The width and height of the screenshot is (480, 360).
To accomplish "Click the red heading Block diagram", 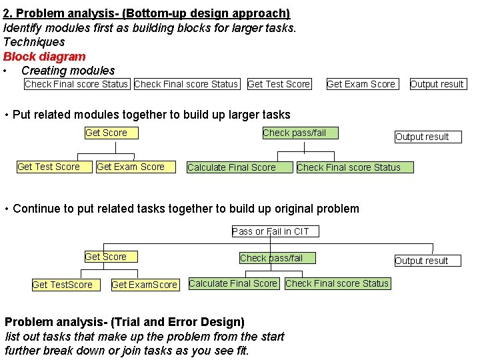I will coord(45,57).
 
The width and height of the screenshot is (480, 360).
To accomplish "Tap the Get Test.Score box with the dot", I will coord(62,285).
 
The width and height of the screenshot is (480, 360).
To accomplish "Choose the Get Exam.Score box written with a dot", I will coord(144,285).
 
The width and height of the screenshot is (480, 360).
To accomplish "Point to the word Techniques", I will coord(34,42).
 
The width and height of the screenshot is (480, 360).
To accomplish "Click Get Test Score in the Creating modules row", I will coord(279,84).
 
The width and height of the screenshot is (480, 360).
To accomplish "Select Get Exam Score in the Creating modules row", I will coord(361,84).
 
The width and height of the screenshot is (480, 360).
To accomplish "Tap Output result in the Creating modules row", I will coord(437,84).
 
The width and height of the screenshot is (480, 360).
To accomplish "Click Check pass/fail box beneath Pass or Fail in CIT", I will coord(271,258).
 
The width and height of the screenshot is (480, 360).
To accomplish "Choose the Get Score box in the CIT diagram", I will coord(105,257).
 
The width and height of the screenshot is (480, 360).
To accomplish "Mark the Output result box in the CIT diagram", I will coord(421,261).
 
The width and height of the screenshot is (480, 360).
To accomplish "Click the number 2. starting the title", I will coord(9,13).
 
